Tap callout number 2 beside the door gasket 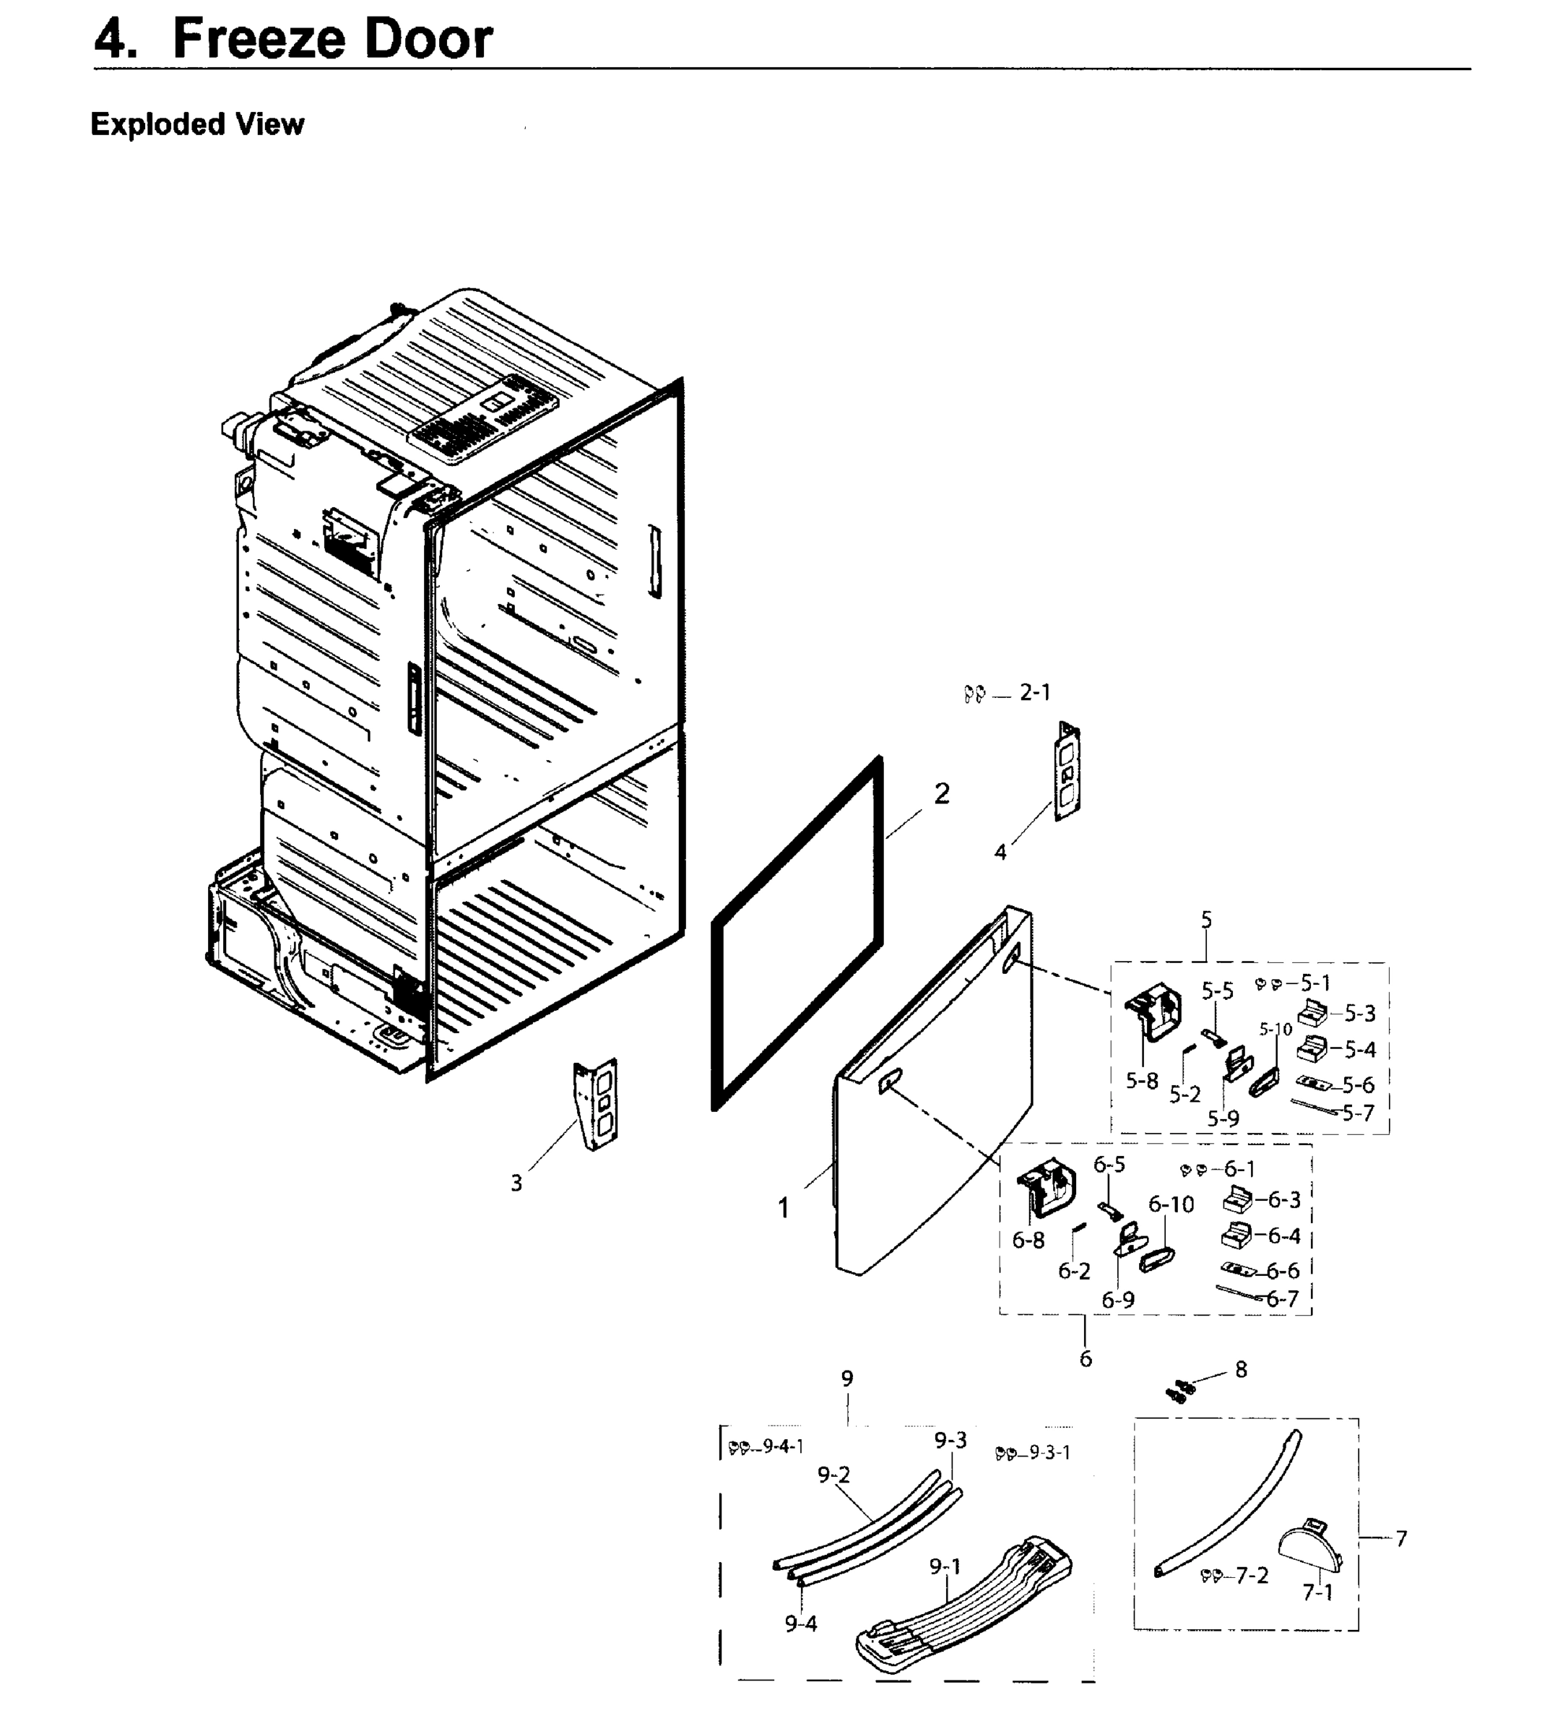tap(942, 793)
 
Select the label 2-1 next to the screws tap(1035, 692)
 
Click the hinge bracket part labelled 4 tap(1066, 771)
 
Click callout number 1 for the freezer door tap(784, 1207)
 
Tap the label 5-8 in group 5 tap(1142, 1081)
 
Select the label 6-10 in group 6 tap(1171, 1204)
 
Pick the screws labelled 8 tap(1180, 1390)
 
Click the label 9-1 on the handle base tap(945, 1566)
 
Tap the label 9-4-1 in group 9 tap(782, 1446)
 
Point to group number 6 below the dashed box tap(1086, 1358)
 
